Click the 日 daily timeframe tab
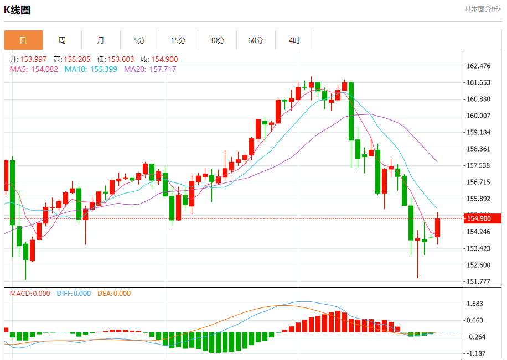pyautogui.click(x=23, y=40)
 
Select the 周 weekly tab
pyautogui.click(x=62, y=40)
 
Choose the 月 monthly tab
pyautogui.click(x=101, y=40)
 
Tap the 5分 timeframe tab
pyautogui.click(x=139, y=40)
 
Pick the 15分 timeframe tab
pyautogui.click(x=178, y=40)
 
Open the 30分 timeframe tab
pyautogui.click(x=217, y=40)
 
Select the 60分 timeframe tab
pyautogui.click(x=256, y=40)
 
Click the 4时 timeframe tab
pyautogui.click(x=294, y=40)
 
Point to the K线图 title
pyautogui.click(x=17, y=10)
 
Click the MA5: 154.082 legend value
pyautogui.click(x=34, y=69)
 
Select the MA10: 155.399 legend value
pyautogui.click(x=91, y=69)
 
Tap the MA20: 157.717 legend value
pyautogui.click(x=150, y=69)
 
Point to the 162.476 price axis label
pyautogui.click(x=479, y=66)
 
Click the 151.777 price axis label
pyautogui.click(x=479, y=281)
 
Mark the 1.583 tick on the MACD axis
pyautogui.click(x=475, y=304)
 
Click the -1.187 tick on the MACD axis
pyautogui.click(x=475, y=353)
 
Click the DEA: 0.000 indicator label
pyautogui.click(x=114, y=294)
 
